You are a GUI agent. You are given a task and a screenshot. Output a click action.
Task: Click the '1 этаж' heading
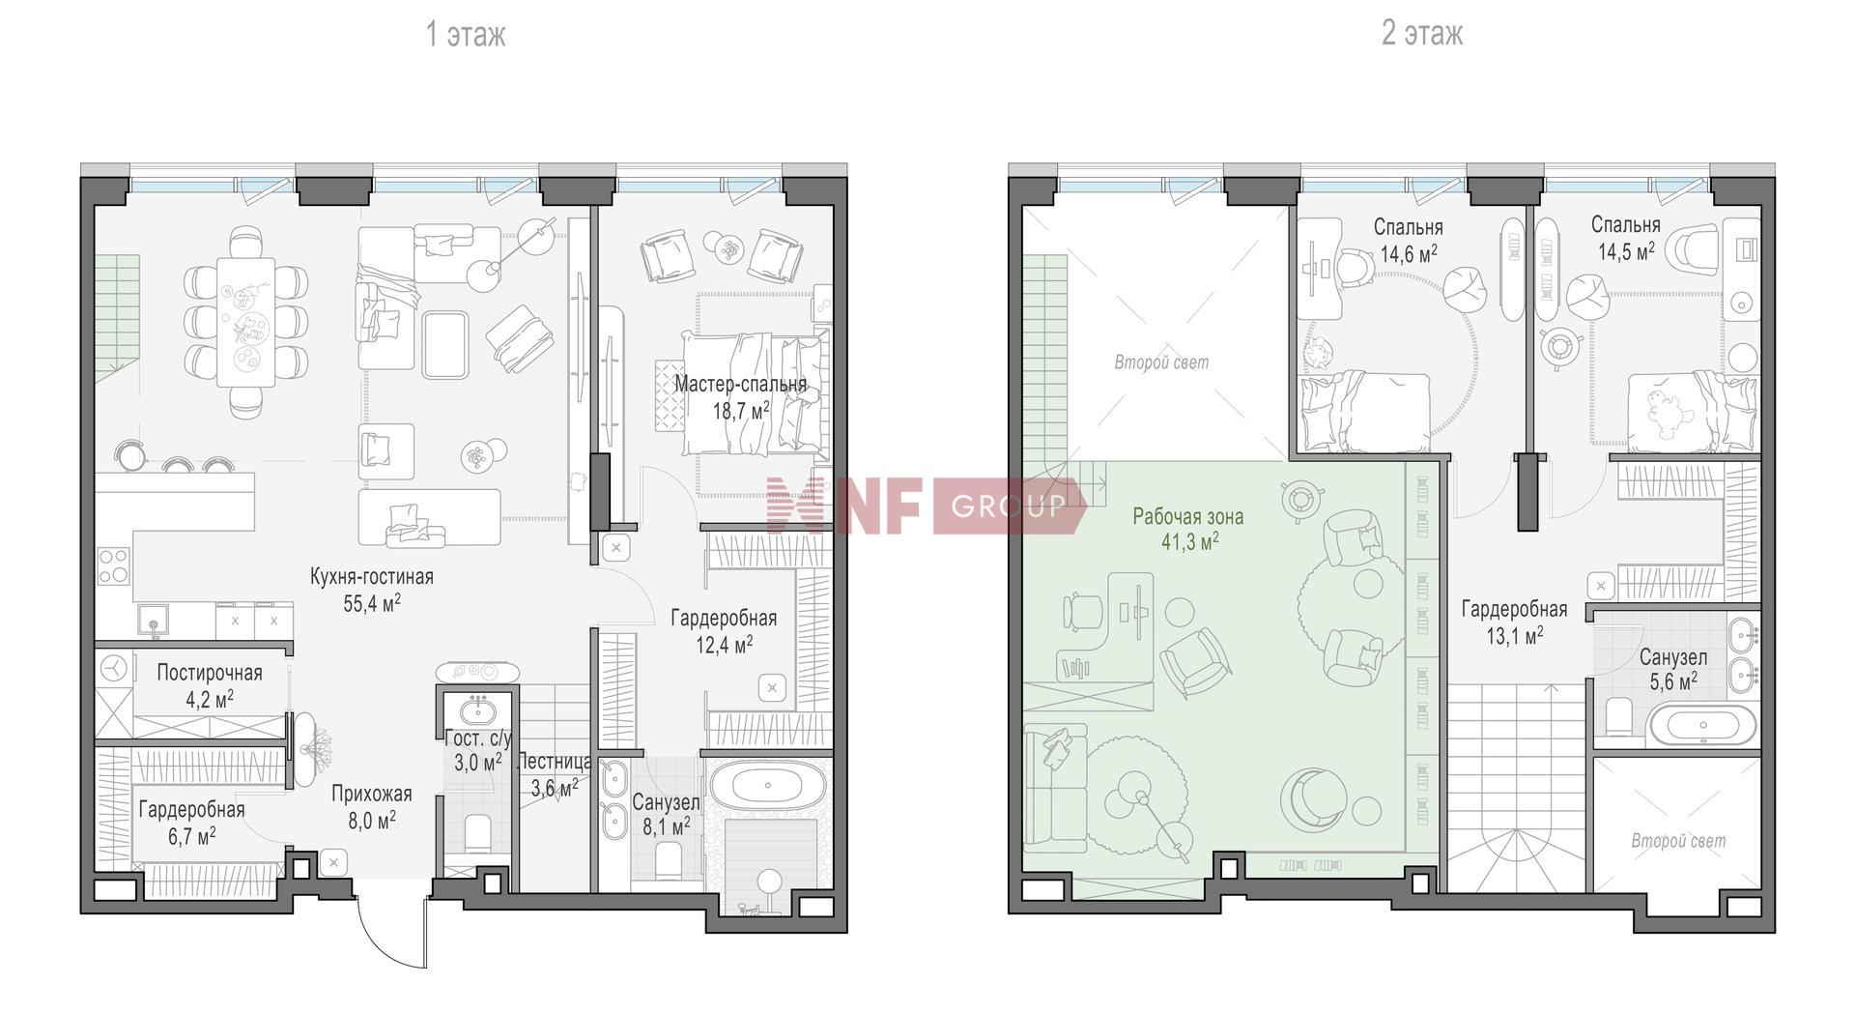(466, 35)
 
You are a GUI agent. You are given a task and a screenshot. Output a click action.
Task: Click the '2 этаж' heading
(1421, 34)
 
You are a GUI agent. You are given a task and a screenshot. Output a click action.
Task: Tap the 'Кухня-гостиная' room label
(372, 577)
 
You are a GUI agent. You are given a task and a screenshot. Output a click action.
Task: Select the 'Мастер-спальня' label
(740, 384)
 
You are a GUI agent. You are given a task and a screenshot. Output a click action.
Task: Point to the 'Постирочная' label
(210, 673)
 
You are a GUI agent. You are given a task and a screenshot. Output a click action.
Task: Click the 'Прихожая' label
(372, 795)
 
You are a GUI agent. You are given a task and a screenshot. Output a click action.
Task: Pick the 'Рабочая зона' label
(1188, 517)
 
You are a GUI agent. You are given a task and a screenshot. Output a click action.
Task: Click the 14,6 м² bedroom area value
(1409, 254)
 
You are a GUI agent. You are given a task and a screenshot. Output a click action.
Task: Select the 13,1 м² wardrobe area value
(1514, 635)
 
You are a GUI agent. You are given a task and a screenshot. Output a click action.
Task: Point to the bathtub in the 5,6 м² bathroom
(1702, 725)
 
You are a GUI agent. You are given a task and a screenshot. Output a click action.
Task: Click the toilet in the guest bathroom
(478, 834)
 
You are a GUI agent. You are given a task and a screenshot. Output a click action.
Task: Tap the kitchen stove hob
(113, 565)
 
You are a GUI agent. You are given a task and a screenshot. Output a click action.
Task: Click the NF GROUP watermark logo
(926, 506)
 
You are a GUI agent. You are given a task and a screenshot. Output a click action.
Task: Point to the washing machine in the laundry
(114, 668)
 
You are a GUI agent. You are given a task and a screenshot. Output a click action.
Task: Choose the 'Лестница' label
(555, 762)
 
